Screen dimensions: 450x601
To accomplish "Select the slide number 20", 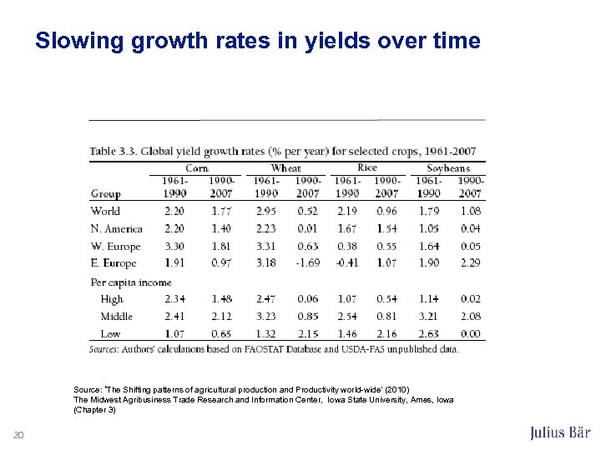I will (18, 433).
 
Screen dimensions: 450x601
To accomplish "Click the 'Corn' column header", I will (197, 167).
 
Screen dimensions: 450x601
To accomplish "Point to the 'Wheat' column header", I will (285, 167).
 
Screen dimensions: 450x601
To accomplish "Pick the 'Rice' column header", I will (366, 167).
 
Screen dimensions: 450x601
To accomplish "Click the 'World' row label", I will (105, 212).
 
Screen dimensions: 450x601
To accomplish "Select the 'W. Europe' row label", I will (115, 247).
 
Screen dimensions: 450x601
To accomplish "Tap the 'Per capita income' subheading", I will (131, 282).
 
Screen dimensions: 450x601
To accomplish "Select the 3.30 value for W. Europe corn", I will (174, 247).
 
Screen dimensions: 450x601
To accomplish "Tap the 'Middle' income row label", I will (116, 317).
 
